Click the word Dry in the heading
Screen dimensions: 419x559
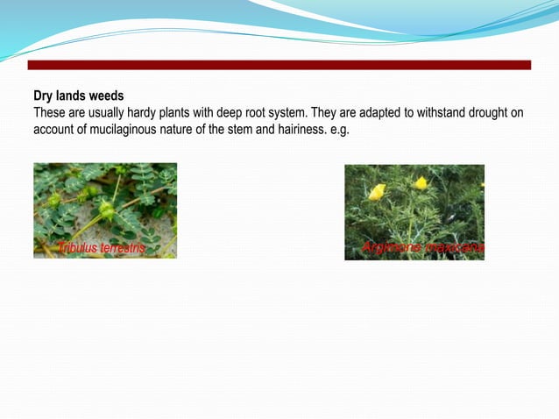[43, 96]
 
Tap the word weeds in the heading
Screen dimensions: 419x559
[106, 96]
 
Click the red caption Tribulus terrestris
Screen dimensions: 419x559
[101, 249]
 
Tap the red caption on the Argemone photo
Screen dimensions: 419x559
[422, 248]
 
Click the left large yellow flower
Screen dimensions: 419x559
[377, 191]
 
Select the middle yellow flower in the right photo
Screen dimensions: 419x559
[421, 183]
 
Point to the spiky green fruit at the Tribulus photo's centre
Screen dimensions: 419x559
[106, 210]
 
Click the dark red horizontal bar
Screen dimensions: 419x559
[279, 65]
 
